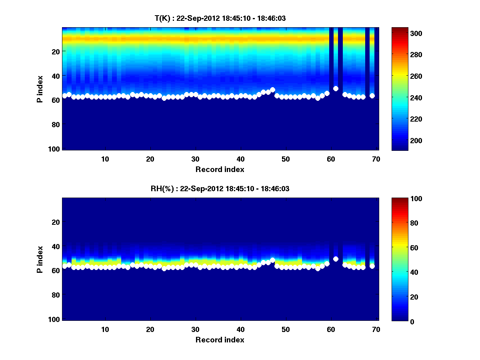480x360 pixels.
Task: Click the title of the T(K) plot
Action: [x=220, y=18]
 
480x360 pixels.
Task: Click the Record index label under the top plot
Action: [x=220, y=170]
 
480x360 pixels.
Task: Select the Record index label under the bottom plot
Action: [x=220, y=340]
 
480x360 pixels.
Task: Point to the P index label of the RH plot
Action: [x=40, y=259]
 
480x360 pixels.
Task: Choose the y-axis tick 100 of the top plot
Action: [x=55, y=149]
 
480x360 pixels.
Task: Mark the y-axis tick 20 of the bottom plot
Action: [x=56, y=222]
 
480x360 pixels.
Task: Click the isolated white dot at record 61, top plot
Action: [x=336, y=89]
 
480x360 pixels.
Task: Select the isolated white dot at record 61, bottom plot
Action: [x=336, y=259]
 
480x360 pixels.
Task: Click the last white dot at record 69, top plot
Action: [x=372, y=96]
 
